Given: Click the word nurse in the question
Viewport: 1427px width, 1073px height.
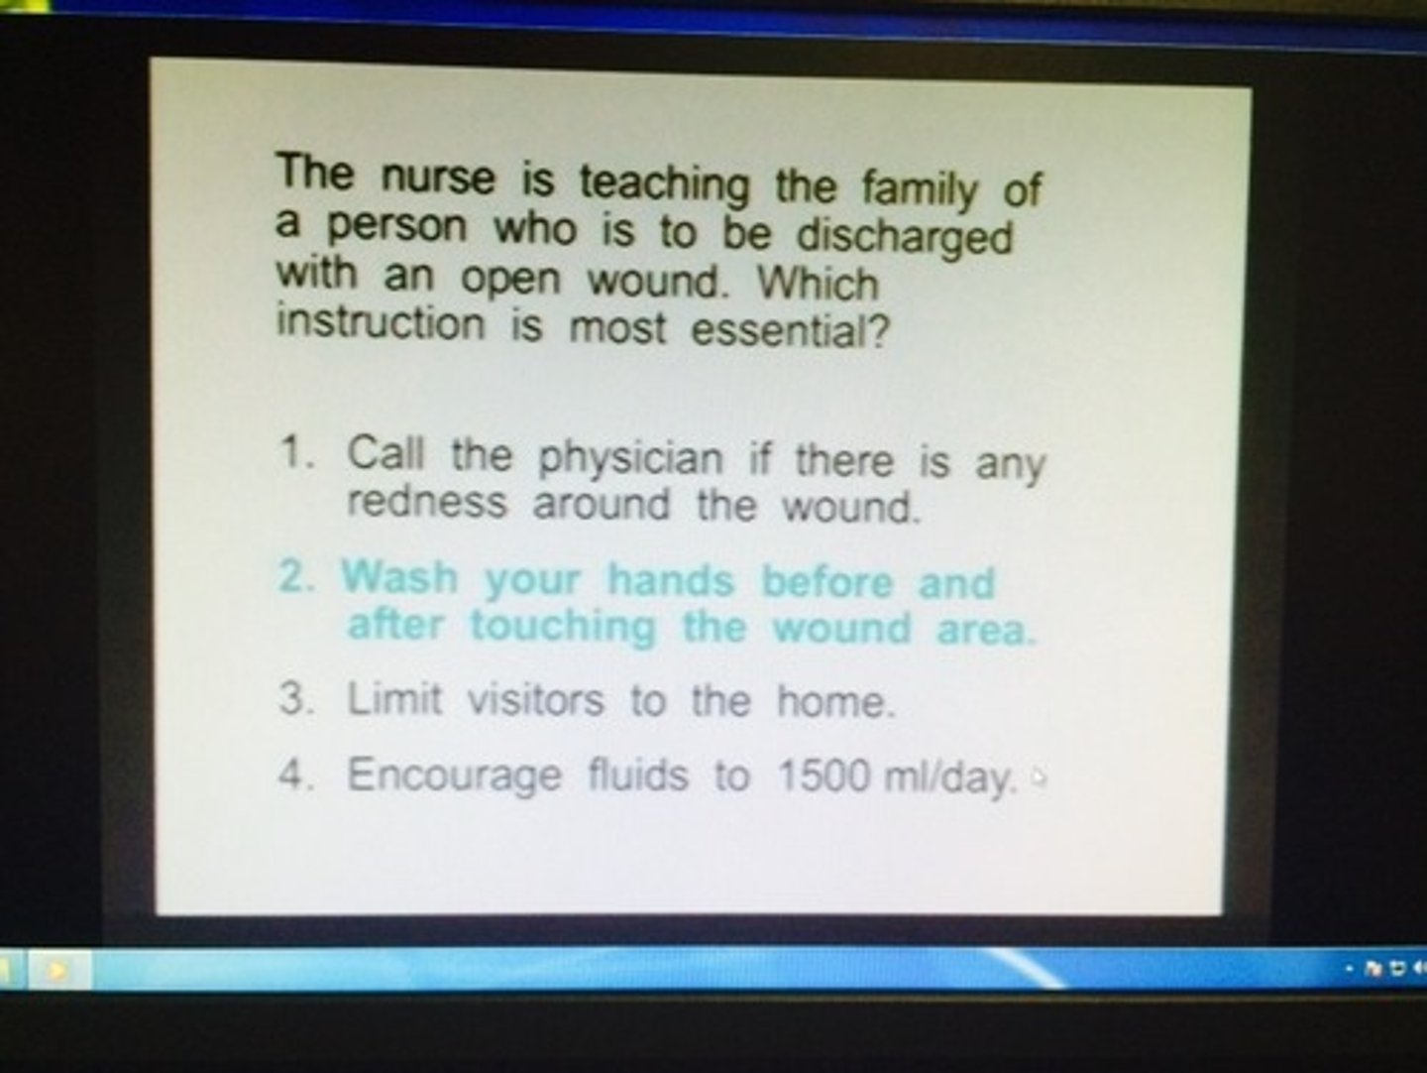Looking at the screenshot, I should [437, 179].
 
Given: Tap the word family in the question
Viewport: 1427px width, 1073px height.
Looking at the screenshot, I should [919, 187].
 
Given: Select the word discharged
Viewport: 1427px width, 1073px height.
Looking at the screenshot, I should [905, 238].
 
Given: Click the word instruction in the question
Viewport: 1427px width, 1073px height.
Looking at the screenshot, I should [381, 323].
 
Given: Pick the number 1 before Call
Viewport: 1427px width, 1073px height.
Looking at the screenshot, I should [293, 453].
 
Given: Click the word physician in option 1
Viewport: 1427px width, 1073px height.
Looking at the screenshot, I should [630, 459].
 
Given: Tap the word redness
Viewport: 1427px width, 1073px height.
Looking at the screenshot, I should [426, 502].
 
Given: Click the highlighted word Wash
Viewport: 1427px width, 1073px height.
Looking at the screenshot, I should [399, 576].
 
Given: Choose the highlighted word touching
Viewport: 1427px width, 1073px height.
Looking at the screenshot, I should [562, 627].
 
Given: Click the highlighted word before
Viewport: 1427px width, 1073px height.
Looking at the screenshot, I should [827, 581].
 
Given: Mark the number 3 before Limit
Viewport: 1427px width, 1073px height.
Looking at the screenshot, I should [294, 699].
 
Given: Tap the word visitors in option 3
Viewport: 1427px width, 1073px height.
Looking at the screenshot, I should [535, 700].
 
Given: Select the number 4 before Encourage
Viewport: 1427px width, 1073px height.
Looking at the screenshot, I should [294, 774].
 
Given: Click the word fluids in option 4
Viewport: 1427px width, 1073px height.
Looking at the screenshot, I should [637, 774].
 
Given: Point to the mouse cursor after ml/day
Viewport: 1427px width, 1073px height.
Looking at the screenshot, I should [1038, 777].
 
